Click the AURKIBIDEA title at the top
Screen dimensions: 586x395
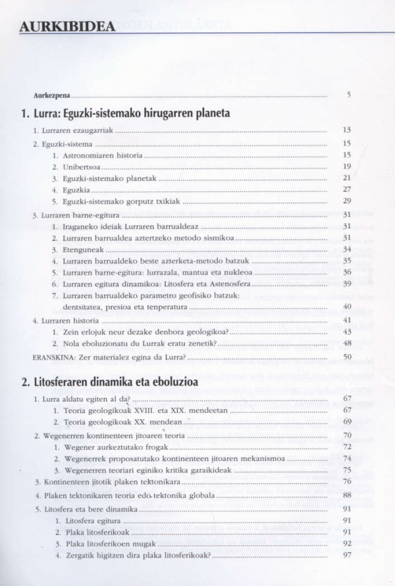(x=67, y=26)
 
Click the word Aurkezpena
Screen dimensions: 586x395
(x=53, y=95)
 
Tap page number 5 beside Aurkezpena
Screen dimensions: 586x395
(x=348, y=95)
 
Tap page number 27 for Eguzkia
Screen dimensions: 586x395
(x=347, y=189)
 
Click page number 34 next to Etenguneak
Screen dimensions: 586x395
(x=347, y=249)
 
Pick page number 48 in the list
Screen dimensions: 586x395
(x=347, y=343)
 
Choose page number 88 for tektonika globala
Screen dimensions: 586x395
(x=347, y=495)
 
